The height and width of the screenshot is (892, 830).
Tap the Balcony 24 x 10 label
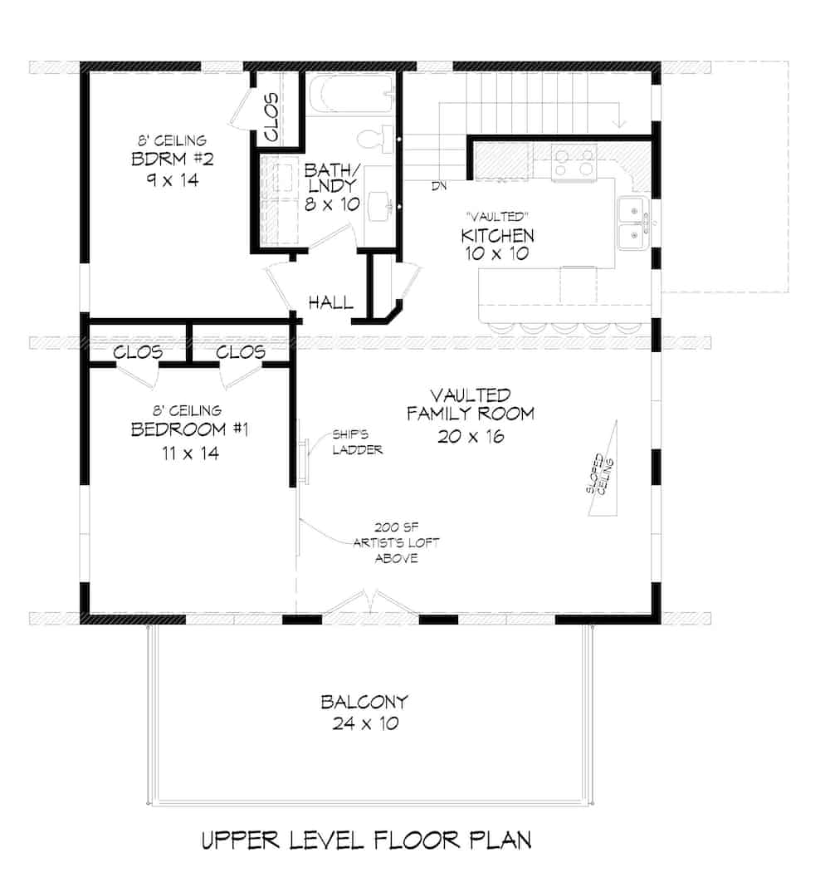365,713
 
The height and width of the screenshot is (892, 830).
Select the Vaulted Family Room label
481,404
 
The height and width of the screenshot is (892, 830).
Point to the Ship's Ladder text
357,442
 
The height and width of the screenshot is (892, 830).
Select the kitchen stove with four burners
574,161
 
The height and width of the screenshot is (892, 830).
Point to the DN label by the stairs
439,185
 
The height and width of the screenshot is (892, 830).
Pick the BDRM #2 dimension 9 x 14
168,179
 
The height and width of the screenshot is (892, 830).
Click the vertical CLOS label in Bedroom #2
271,116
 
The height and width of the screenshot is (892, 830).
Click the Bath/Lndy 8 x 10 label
331,187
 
